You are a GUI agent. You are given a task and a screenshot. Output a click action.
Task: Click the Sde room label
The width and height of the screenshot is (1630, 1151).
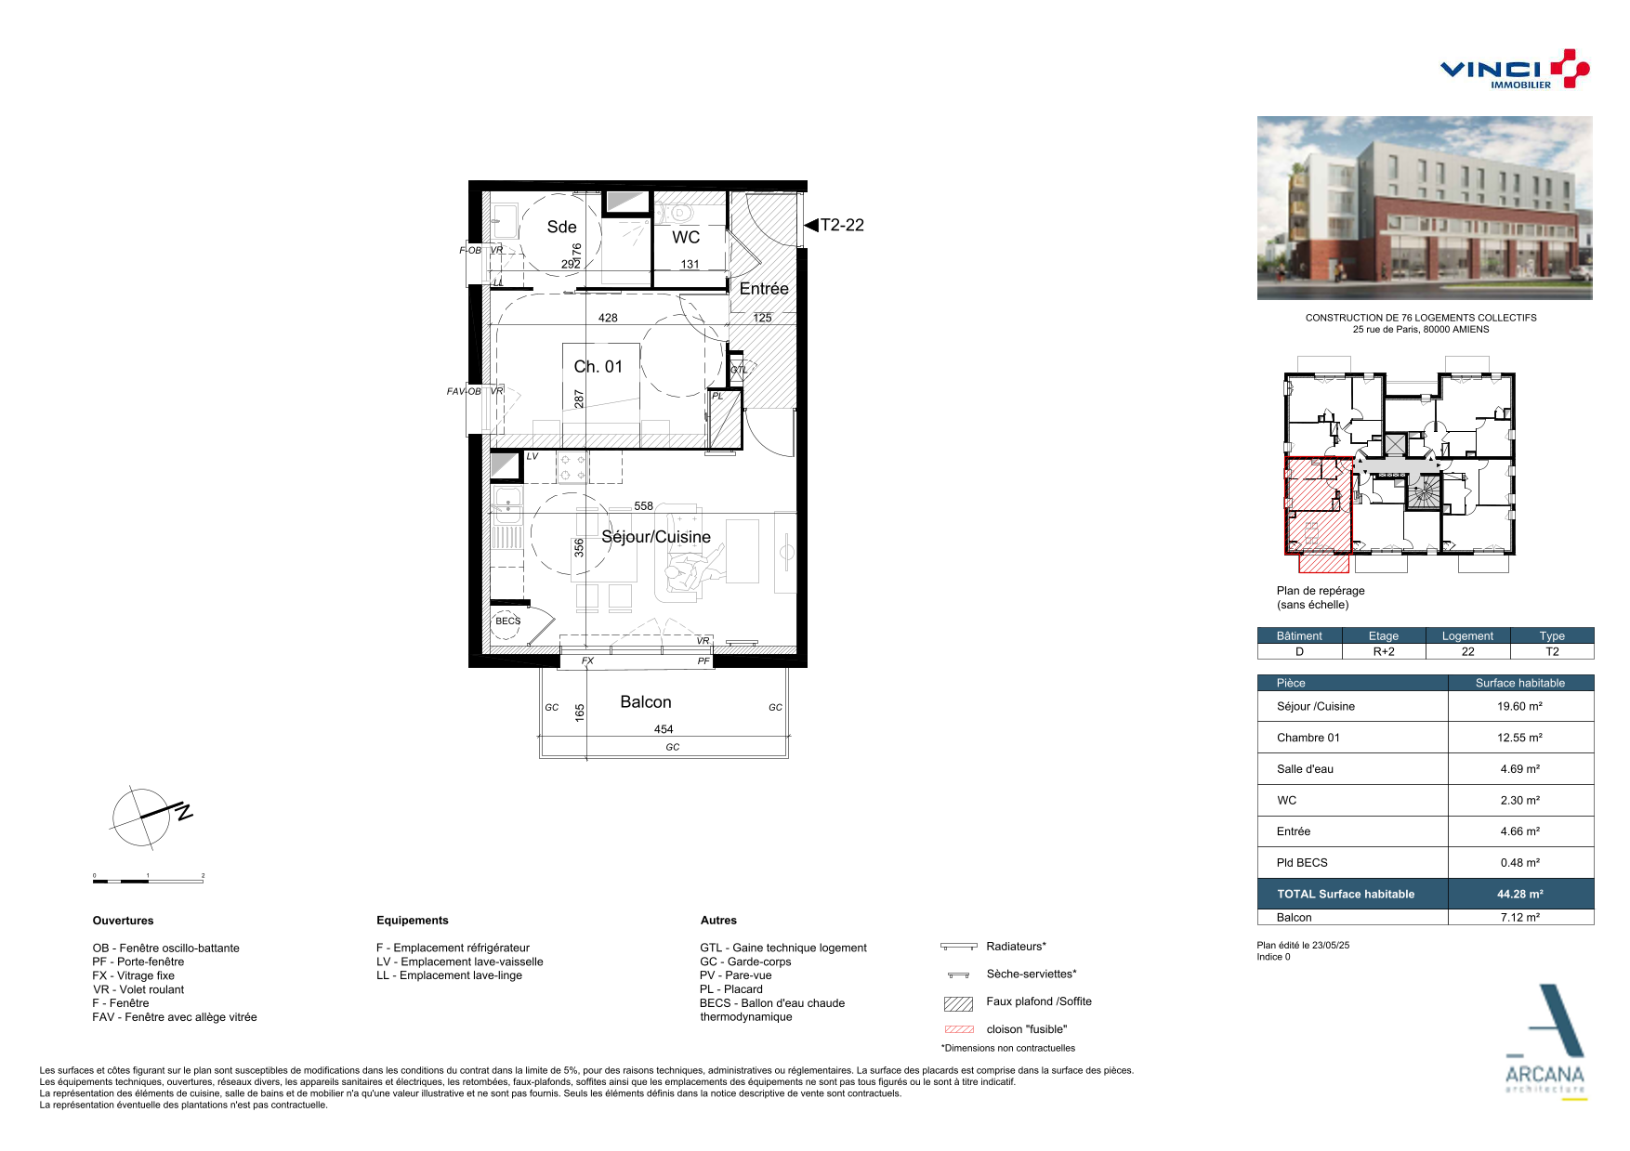(x=561, y=227)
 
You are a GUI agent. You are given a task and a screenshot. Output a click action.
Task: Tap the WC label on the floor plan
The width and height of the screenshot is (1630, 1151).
(x=686, y=238)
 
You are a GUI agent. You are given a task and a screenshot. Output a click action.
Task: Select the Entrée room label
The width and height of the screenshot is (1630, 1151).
(x=764, y=289)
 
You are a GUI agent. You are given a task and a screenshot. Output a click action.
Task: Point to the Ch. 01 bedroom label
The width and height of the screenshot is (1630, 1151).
(x=598, y=367)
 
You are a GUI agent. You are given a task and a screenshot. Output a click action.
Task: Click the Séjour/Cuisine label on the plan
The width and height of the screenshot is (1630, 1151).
(x=656, y=537)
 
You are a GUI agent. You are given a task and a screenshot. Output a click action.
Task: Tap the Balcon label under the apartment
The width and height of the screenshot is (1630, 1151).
(x=646, y=702)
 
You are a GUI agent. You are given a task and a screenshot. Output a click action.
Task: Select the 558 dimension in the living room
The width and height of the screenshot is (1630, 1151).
(x=644, y=506)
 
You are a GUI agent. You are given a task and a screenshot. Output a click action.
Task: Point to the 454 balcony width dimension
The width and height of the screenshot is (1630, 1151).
(x=664, y=729)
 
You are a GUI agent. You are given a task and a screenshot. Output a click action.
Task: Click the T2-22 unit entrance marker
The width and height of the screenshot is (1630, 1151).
(x=835, y=225)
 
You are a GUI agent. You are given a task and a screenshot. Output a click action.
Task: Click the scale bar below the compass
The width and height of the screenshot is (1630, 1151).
(x=149, y=881)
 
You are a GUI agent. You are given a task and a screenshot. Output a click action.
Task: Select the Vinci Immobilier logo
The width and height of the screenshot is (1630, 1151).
(x=1515, y=70)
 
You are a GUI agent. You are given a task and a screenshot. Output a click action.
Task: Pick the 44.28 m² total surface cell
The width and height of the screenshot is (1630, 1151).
(x=1520, y=895)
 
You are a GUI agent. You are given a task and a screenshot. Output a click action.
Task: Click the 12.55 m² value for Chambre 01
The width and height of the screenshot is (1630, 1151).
(x=1520, y=738)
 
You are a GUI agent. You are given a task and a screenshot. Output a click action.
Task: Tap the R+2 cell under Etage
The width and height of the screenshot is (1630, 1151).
(x=1384, y=652)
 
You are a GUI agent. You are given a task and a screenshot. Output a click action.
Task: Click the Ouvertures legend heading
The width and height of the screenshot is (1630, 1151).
(x=123, y=921)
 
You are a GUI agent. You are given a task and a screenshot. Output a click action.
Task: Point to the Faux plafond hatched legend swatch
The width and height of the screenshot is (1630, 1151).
(x=958, y=1003)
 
